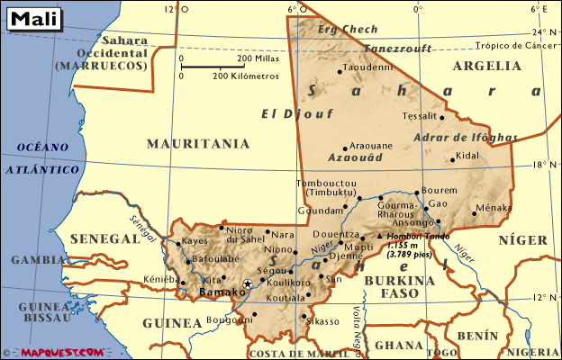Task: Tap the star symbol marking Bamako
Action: click(248, 284)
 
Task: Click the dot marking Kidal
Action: click(452, 161)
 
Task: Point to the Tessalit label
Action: click(419, 116)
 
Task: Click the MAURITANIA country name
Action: click(197, 143)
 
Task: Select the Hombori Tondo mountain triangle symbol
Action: click(379, 236)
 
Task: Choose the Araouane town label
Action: click(370, 145)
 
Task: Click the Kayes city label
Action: click(195, 241)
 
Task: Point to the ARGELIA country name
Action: click(487, 66)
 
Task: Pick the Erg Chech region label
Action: click(349, 29)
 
